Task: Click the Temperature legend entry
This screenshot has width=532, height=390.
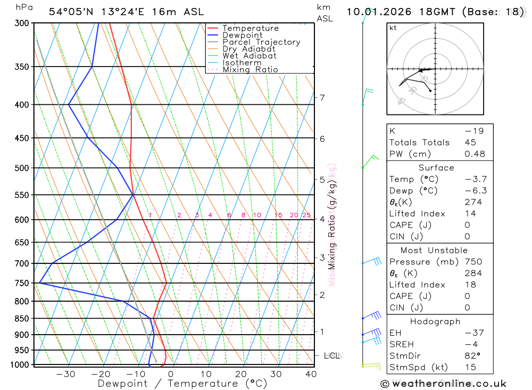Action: [x=250, y=28]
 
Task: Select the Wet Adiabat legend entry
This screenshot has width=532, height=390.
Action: [x=249, y=56]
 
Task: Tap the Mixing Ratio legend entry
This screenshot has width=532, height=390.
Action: [x=250, y=70]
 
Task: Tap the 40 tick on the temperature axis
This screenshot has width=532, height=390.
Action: [x=311, y=374]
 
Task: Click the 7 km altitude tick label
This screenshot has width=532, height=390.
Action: [x=322, y=97]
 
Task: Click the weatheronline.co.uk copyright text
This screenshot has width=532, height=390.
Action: [x=443, y=384]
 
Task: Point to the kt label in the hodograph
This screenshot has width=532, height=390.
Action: [x=393, y=28]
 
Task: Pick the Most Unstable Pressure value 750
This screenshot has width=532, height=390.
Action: [x=473, y=262]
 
